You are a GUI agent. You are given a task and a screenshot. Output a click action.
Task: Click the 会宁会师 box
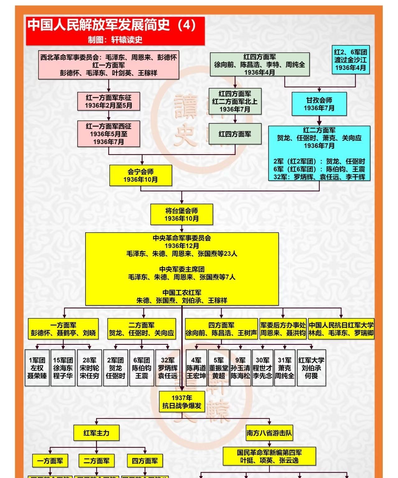pyautogui.click(x=141, y=176)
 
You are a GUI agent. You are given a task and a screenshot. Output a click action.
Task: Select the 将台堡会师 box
pyautogui.click(x=182, y=214)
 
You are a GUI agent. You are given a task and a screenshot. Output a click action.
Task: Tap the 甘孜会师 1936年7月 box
pyautogui.click(x=319, y=104)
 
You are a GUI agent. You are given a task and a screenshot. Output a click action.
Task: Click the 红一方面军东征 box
pyautogui.click(x=109, y=101)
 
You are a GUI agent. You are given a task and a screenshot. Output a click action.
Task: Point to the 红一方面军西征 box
pyautogui.click(x=109, y=134)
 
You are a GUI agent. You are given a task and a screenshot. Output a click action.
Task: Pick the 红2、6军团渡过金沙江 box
pyautogui.click(x=350, y=60)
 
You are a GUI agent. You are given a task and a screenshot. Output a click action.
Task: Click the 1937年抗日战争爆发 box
pyautogui.click(x=182, y=402)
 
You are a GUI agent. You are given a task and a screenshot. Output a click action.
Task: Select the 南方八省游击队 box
pyautogui.click(x=269, y=433)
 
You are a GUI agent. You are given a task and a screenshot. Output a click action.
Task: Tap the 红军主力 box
pyautogui.click(x=96, y=433)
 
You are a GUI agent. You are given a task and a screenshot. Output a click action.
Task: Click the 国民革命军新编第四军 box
pyautogui.click(x=269, y=456)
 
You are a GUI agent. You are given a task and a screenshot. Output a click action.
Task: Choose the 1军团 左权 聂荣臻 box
pyautogui.click(x=37, y=368)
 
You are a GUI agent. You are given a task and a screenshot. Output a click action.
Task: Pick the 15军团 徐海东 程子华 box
pyautogui.click(x=63, y=368)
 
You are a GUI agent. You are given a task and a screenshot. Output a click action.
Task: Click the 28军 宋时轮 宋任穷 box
pyautogui.click(x=89, y=368)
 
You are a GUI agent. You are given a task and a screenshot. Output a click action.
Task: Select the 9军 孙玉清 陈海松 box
pyautogui.click(x=240, y=368)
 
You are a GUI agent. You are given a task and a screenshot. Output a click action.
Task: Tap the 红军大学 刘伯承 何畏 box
pyautogui.click(x=311, y=368)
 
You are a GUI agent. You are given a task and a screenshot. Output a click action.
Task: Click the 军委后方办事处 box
pyautogui.click(x=283, y=329)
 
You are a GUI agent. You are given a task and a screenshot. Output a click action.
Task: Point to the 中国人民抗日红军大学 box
pyautogui.click(x=341, y=329)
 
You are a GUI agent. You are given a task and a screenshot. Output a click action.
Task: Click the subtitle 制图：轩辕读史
pyautogui.click(x=115, y=40)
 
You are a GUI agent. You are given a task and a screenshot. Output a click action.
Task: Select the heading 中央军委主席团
pyautogui.click(x=182, y=269)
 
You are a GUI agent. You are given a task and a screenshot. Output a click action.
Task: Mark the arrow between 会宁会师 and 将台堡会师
pyautogui.click(x=182, y=197)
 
